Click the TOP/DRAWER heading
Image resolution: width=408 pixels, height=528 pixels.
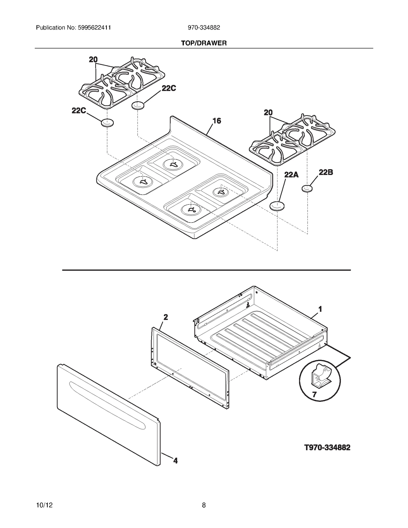point(204,43)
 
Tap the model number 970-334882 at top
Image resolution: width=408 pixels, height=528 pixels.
point(204,28)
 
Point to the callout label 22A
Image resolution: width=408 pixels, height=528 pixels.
point(291,175)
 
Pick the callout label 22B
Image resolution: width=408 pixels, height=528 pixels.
point(326,172)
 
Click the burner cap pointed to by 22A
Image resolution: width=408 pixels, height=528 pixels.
point(277,205)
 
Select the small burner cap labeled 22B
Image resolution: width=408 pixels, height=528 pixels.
point(307,189)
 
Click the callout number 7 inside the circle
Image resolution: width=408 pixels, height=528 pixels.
point(314,395)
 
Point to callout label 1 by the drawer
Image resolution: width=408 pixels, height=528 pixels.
point(320,309)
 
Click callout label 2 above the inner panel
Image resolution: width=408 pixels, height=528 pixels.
point(165,317)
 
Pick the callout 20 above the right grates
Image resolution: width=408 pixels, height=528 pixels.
point(268,112)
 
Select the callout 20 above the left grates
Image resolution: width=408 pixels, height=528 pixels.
point(93,60)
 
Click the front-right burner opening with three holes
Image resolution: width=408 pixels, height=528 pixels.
point(191,210)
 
